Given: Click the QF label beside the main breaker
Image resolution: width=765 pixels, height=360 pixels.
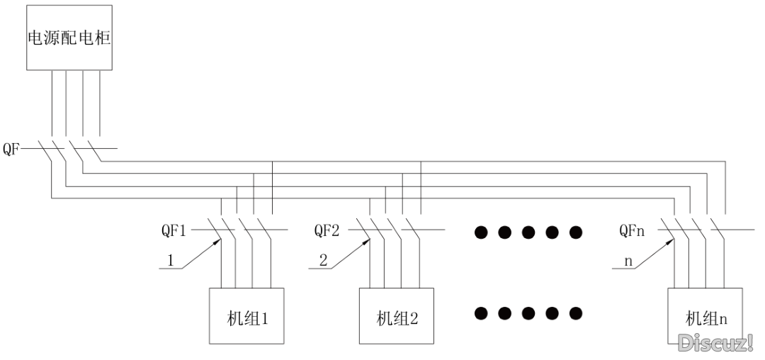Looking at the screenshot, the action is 12,149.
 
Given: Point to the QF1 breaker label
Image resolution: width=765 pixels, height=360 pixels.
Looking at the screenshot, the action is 174,230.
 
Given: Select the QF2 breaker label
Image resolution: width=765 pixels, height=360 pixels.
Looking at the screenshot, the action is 327,230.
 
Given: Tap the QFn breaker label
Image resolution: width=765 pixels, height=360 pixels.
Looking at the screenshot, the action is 632,230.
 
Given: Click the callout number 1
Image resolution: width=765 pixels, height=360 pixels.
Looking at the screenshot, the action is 170,261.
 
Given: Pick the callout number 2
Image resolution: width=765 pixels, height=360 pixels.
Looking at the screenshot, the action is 324,261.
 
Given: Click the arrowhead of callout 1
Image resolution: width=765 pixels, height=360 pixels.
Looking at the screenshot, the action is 217,242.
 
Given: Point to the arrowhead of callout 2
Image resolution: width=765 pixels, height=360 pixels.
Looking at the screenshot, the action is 365,242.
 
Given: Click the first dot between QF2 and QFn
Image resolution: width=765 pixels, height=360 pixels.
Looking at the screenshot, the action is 481,232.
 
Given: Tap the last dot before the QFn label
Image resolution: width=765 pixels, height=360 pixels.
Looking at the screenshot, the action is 576,232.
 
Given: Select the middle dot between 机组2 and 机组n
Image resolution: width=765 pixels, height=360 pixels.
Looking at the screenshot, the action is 528,313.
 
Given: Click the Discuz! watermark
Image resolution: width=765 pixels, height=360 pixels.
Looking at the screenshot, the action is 716,342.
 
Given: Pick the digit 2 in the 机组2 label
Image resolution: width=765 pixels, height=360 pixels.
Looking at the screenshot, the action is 414,320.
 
